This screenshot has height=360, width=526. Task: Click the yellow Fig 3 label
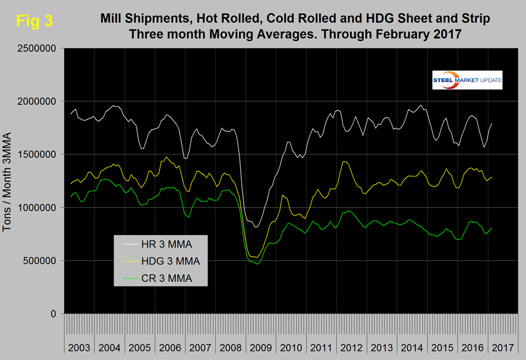click(x=34, y=21)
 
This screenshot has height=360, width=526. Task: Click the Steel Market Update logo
click(x=467, y=80)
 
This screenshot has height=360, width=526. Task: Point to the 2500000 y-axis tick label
click(x=39, y=48)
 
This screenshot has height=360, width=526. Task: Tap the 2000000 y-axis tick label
click(x=39, y=102)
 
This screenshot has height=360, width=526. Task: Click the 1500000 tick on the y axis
click(x=39, y=154)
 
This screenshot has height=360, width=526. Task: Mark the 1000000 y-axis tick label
click(x=39, y=208)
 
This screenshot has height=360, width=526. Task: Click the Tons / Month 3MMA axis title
click(x=10, y=181)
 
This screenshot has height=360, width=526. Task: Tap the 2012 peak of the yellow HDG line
click(x=345, y=162)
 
